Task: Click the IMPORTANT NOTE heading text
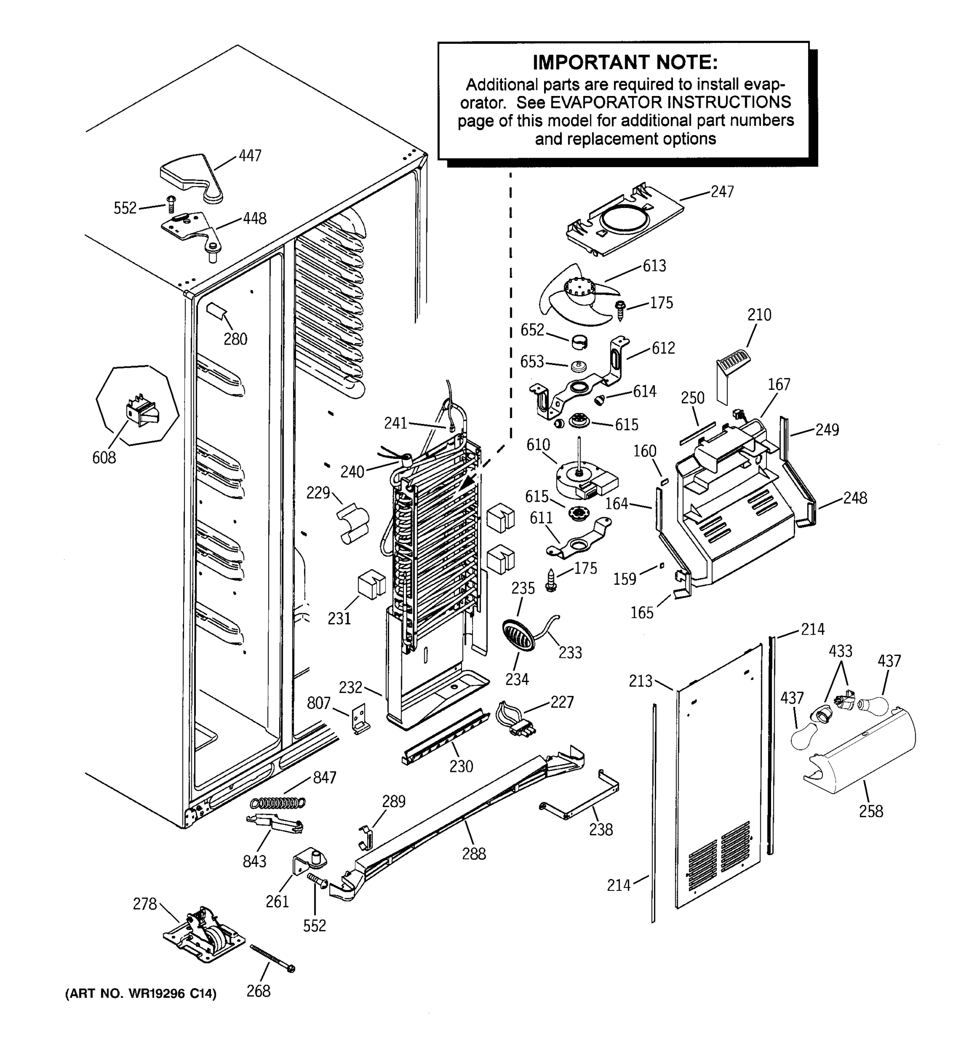pyautogui.click(x=625, y=63)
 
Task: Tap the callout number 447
pyautogui.click(x=250, y=156)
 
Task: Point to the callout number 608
pyautogui.click(x=104, y=458)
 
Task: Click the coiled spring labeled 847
pyautogui.click(x=278, y=802)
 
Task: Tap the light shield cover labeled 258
pyautogui.click(x=860, y=754)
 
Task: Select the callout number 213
pyautogui.click(x=640, y=681)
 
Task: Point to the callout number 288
pyautogui.click(x=473, y=854)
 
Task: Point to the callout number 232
pyautogui.click(x=350, y=686)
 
